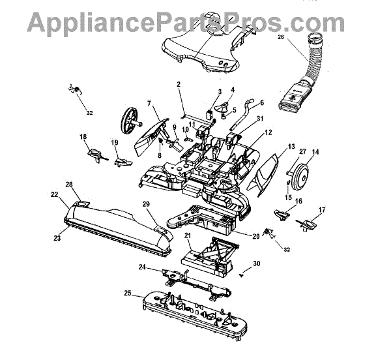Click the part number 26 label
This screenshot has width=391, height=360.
pyautogui.click(x=281, y=38)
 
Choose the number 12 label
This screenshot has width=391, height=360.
pyautogui.click(x=268, y=132)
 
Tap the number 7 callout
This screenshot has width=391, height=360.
pyautogui.click(x=149, y=104)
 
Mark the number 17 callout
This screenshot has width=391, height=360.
pyautogui.click(x=321, y=209)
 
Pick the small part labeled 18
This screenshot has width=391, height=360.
pyautogui.click(x=95, y=155)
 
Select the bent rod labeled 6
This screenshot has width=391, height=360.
pyautogui.click(x=246, y=109)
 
